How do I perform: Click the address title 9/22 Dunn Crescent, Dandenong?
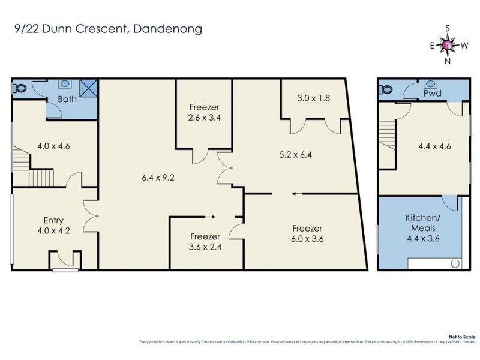tap(107, 28)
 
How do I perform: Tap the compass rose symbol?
tap(448, 44)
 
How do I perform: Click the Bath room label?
tap(67, 100)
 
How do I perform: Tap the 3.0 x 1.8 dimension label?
tap(314, 97)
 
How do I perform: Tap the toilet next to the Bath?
tap(20, 88)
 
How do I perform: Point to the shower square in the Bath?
tap(89, 88)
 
